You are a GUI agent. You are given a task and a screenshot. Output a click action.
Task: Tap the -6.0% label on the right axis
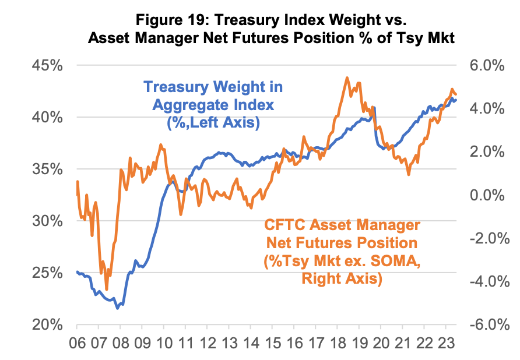pos(482,324)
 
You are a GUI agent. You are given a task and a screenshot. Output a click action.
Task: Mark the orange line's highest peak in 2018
pos(347,77)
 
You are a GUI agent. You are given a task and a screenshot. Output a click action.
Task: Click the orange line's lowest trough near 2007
pos(107,289)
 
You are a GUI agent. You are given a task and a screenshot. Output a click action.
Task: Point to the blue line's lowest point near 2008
pos(117,308)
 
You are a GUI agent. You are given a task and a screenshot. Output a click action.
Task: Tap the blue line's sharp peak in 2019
pos(374,107)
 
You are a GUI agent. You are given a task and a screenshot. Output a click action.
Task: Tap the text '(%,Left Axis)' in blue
pos(213,122)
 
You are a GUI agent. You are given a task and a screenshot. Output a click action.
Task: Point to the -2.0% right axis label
pos(482,238)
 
